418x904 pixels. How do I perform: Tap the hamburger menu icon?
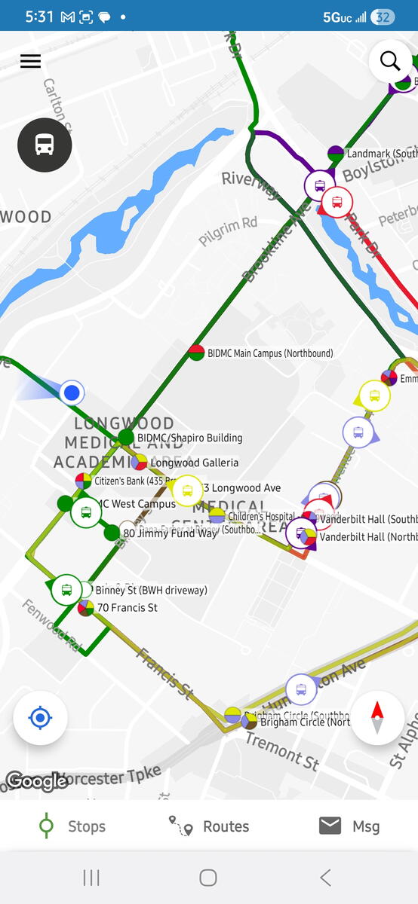tap(30, 61)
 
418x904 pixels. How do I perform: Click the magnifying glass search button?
tap(390, 61)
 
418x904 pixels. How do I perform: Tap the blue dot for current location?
tap(72, 392)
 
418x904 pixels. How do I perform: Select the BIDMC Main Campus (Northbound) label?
tap(270, 353)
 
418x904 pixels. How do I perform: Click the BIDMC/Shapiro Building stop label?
tap(189, 438)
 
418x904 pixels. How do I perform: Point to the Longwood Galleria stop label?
tap(194, 463)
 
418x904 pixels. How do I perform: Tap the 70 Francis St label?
tap(127, 608)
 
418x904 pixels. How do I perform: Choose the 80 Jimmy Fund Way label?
tap(170, 533)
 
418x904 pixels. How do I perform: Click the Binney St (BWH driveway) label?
tap(151, 590)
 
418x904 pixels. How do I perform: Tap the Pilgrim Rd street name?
tap(228, 231)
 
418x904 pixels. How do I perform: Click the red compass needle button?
tap(377, 717)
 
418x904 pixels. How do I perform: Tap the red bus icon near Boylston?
tap(337, 202)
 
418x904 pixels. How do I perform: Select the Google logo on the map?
tap(37, 781)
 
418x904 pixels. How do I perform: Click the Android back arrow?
tap(325, 877)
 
